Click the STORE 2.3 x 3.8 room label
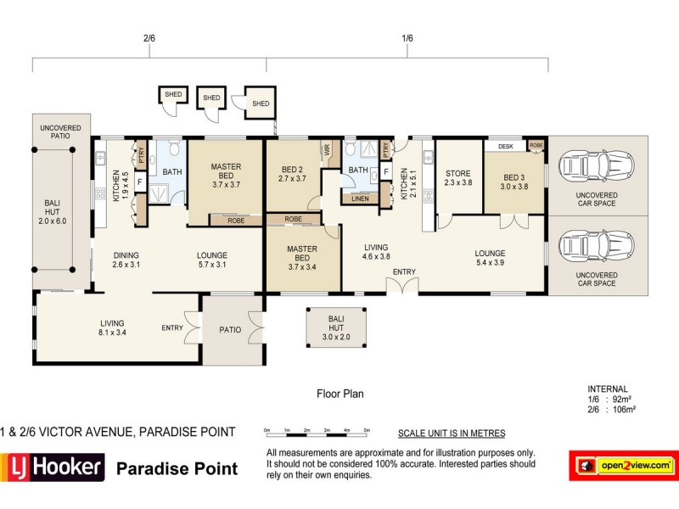pyautogui.click(x=458, y=179)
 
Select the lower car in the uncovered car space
pyautogui.click(x=598, y=247)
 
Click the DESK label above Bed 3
pyautogui.click(x=506, y=146)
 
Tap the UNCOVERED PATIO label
pyautogui.click(x=61, y=132)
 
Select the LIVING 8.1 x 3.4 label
pyautogui.click(x=112, y=327)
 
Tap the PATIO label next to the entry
pyautogui.click(x=231, y=329)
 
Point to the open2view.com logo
pyautogui.click(x=623, y=465)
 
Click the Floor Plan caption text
pyautogui.click(x=339, y=394)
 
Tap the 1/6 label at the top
pyautogui.click(x=407, y=38)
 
